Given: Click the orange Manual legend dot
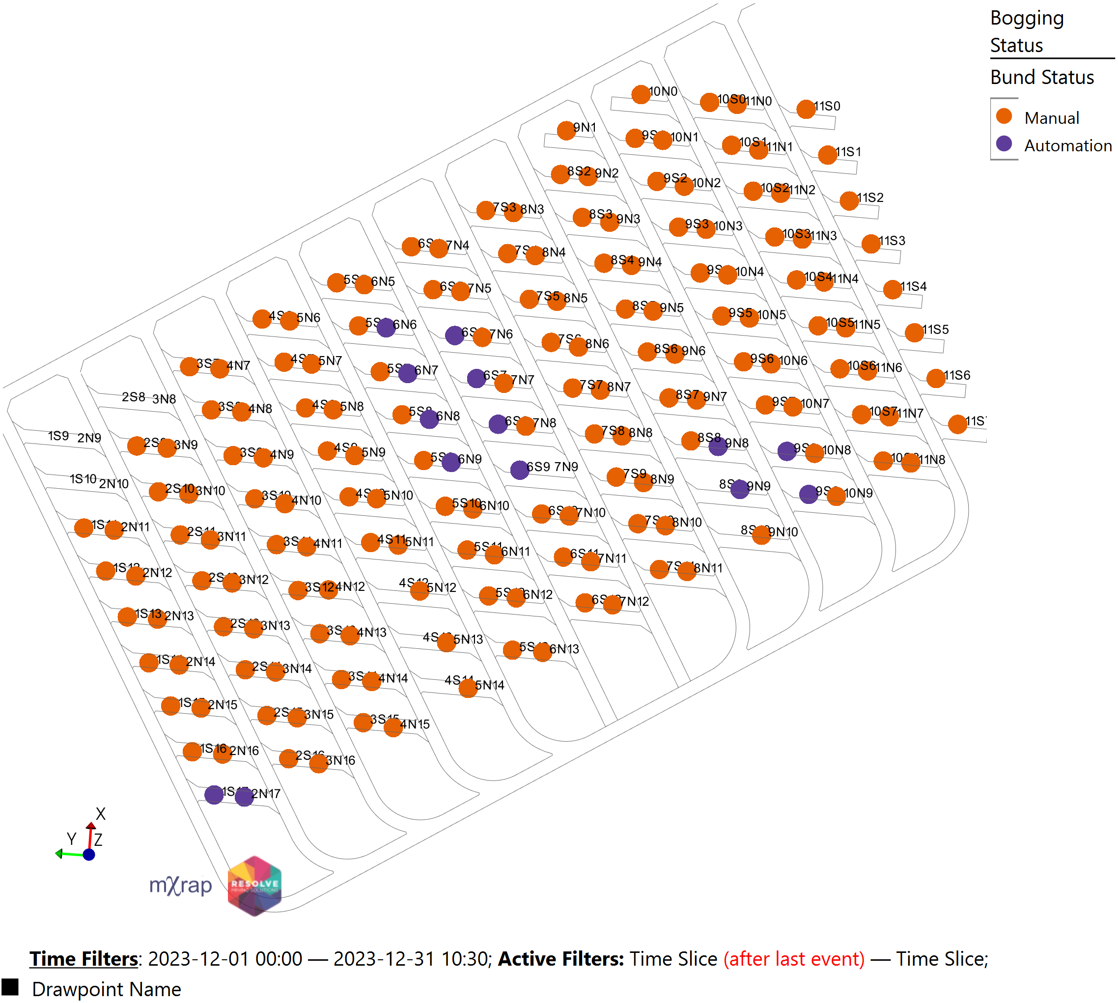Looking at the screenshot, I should tap(1004, 116).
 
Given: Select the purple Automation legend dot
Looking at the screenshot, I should tap(1004, 144).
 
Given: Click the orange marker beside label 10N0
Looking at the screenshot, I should tap(640, 94).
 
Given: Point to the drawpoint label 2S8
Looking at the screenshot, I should tap(133, 397).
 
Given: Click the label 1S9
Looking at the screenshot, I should tap(58, 436).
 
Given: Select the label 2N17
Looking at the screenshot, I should tap(266, 794).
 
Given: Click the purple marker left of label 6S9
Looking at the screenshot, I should tap(519, 470).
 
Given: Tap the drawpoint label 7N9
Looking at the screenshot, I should tap(566, 467).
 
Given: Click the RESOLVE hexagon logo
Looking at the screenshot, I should tap(254, 886).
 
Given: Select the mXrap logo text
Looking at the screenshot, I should tap(181, 886).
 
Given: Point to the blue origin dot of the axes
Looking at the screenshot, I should tap(89, 855).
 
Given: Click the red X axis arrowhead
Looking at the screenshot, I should tap(91, 826).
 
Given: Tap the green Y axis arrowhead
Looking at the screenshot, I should tap(58, 854).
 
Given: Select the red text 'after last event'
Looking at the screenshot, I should tap(793, 959).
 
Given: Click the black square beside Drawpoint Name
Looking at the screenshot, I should tap(10, 987).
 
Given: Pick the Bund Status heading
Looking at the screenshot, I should tap(1041, 77).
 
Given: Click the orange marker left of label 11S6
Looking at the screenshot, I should tap(935, 378).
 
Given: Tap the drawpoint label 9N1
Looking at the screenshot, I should tap(585, 127).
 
